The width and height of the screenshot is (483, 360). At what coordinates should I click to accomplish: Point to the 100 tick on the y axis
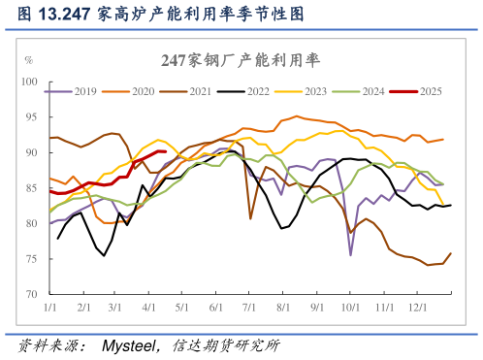[28, 82]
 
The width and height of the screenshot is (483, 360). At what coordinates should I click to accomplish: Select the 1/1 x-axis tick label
[48, 308]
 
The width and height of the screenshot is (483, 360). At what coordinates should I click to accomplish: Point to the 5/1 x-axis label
[181, 308]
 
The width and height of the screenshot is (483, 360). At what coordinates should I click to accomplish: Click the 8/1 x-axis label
[284, 308]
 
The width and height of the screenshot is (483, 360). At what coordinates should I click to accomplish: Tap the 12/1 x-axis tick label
[420, 308]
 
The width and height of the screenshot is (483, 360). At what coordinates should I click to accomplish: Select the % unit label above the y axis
[28, 60]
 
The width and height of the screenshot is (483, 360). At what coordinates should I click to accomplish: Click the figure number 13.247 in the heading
[65, 15]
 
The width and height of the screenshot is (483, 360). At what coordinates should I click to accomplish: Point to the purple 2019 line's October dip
[351, 254]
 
